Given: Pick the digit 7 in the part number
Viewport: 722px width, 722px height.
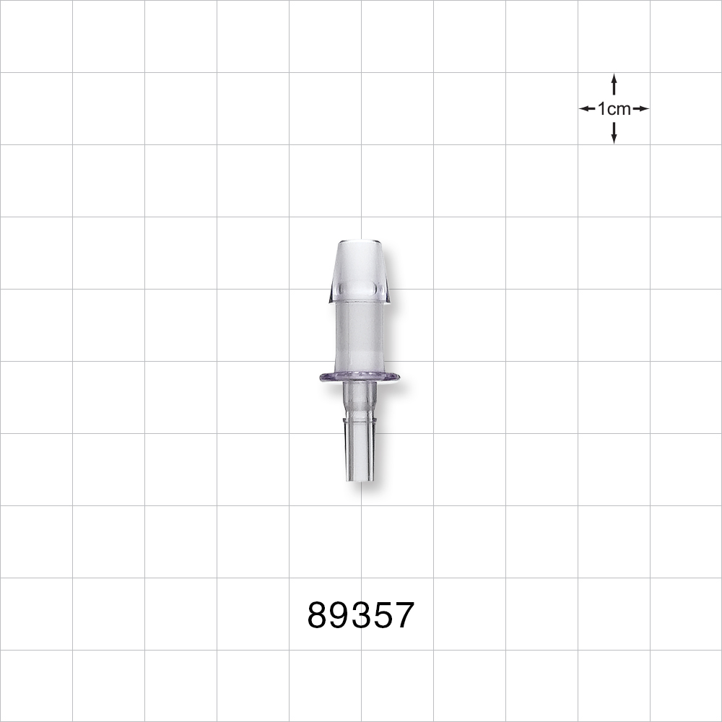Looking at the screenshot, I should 403,616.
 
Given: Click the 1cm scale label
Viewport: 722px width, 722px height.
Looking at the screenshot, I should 614,109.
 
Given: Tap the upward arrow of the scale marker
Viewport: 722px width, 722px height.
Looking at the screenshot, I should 614,83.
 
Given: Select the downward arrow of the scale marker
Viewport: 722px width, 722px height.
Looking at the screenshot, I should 614,134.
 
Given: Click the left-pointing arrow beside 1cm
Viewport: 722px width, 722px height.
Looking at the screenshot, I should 586,109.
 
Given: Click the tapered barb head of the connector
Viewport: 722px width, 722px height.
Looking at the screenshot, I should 360,271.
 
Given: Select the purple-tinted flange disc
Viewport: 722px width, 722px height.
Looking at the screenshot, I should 360,376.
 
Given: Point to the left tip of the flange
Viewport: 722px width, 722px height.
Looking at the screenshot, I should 321,376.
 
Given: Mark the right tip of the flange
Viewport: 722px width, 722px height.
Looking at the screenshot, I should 399,376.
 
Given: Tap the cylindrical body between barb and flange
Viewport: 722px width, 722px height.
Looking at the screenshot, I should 360,336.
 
